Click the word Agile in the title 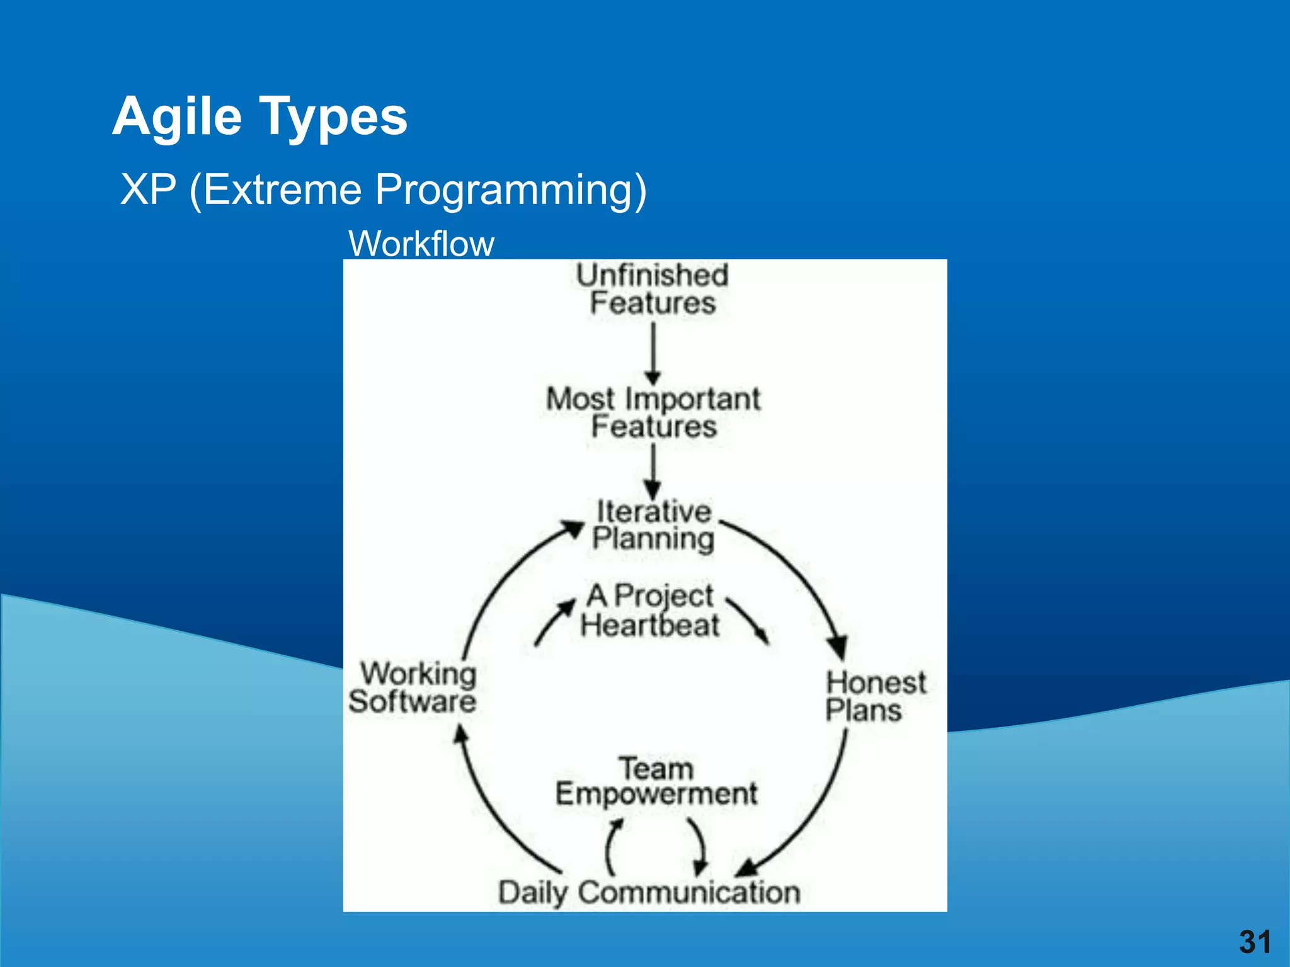tap(177, 118)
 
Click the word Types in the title tap(334, 118)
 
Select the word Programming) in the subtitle tap(510, 190)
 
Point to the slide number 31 tap(1255, 942)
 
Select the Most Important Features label tap(653, 413)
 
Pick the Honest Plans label tap(875, 697)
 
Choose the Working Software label tap(413, 688)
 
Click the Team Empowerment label tap(656, 781)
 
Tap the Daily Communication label tap(649, 892)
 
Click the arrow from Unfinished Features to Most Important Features tap(653, 353)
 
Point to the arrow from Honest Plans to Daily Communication tap(819, 812)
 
